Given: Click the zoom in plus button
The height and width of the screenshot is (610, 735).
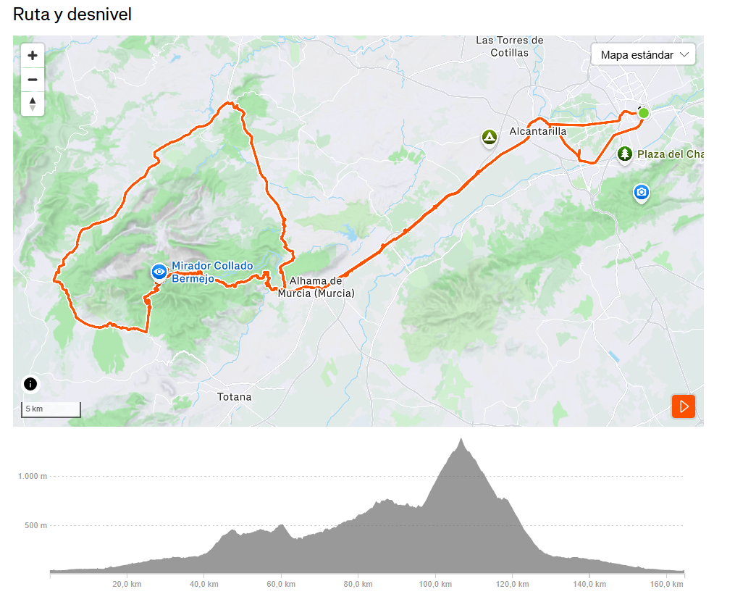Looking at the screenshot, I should coord(33,55).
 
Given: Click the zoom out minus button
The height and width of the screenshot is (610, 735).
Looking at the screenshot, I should coord(33,79).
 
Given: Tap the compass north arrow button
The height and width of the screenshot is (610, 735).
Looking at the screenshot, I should coord(33,103).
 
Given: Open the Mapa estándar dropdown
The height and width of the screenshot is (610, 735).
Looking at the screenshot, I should coord(643,55).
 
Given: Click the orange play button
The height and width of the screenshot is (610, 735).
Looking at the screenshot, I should coord(684,406).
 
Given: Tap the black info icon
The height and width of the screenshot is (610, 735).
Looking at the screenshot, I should coord(30,384).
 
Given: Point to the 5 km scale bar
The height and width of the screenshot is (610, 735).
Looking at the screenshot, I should coord(51,409).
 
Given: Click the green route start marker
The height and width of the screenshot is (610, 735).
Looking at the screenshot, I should coord(643,113).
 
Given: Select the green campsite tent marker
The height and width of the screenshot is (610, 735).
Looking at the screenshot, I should coord(490,137).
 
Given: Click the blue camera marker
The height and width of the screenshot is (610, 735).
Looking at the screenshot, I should coord(641,192).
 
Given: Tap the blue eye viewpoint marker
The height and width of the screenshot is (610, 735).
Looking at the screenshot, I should coord(159,271).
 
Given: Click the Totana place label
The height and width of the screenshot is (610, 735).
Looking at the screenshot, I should coord(235,397).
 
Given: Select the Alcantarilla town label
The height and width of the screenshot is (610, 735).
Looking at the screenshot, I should coord(538,131).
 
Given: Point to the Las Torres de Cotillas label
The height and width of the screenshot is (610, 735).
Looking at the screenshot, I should coord(509,46).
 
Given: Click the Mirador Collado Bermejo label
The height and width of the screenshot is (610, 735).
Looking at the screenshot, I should coord(211,272).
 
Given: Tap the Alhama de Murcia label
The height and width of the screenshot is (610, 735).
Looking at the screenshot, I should coord(316,287).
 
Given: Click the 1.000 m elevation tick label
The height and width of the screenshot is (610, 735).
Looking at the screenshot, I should coord(33,476).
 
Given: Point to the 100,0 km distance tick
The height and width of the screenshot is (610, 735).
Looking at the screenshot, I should coord(435,584).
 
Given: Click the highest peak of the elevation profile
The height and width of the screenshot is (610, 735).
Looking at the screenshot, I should coord(461,439).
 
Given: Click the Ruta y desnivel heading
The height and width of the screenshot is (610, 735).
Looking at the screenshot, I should coord(72,14).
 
